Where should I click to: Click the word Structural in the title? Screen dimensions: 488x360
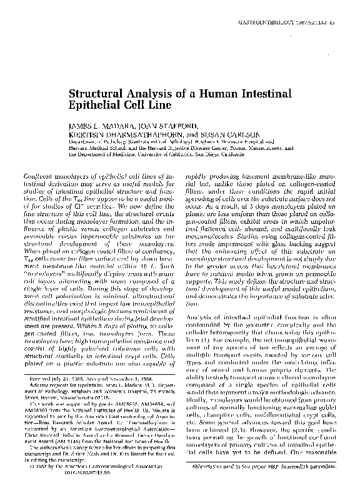pyautogui.click(x=99, y=94)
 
